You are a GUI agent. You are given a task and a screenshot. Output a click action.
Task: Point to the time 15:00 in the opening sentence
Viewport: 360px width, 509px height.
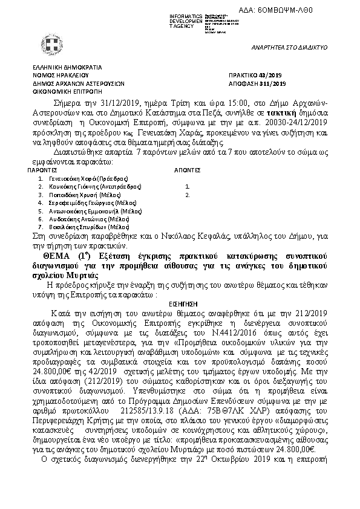201,103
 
